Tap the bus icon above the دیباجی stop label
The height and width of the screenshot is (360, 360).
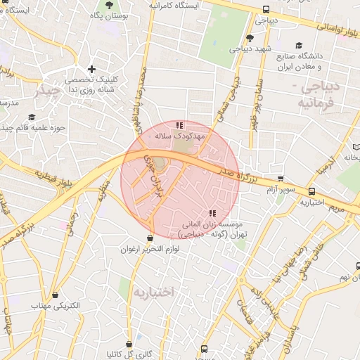[266, 10]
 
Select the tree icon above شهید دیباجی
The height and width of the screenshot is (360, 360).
[250, 38]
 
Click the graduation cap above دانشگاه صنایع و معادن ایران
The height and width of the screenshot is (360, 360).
[300, 45]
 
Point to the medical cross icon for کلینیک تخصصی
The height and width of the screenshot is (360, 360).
[91, 70]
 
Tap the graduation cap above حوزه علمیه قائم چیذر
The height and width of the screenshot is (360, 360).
[32, 117]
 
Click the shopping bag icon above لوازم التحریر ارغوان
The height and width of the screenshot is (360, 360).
[150, 238]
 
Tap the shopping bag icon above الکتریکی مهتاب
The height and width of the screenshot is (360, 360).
[55, 295]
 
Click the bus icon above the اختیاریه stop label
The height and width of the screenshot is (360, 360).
[311, 191]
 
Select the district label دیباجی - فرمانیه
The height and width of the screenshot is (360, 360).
[325, 94]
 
